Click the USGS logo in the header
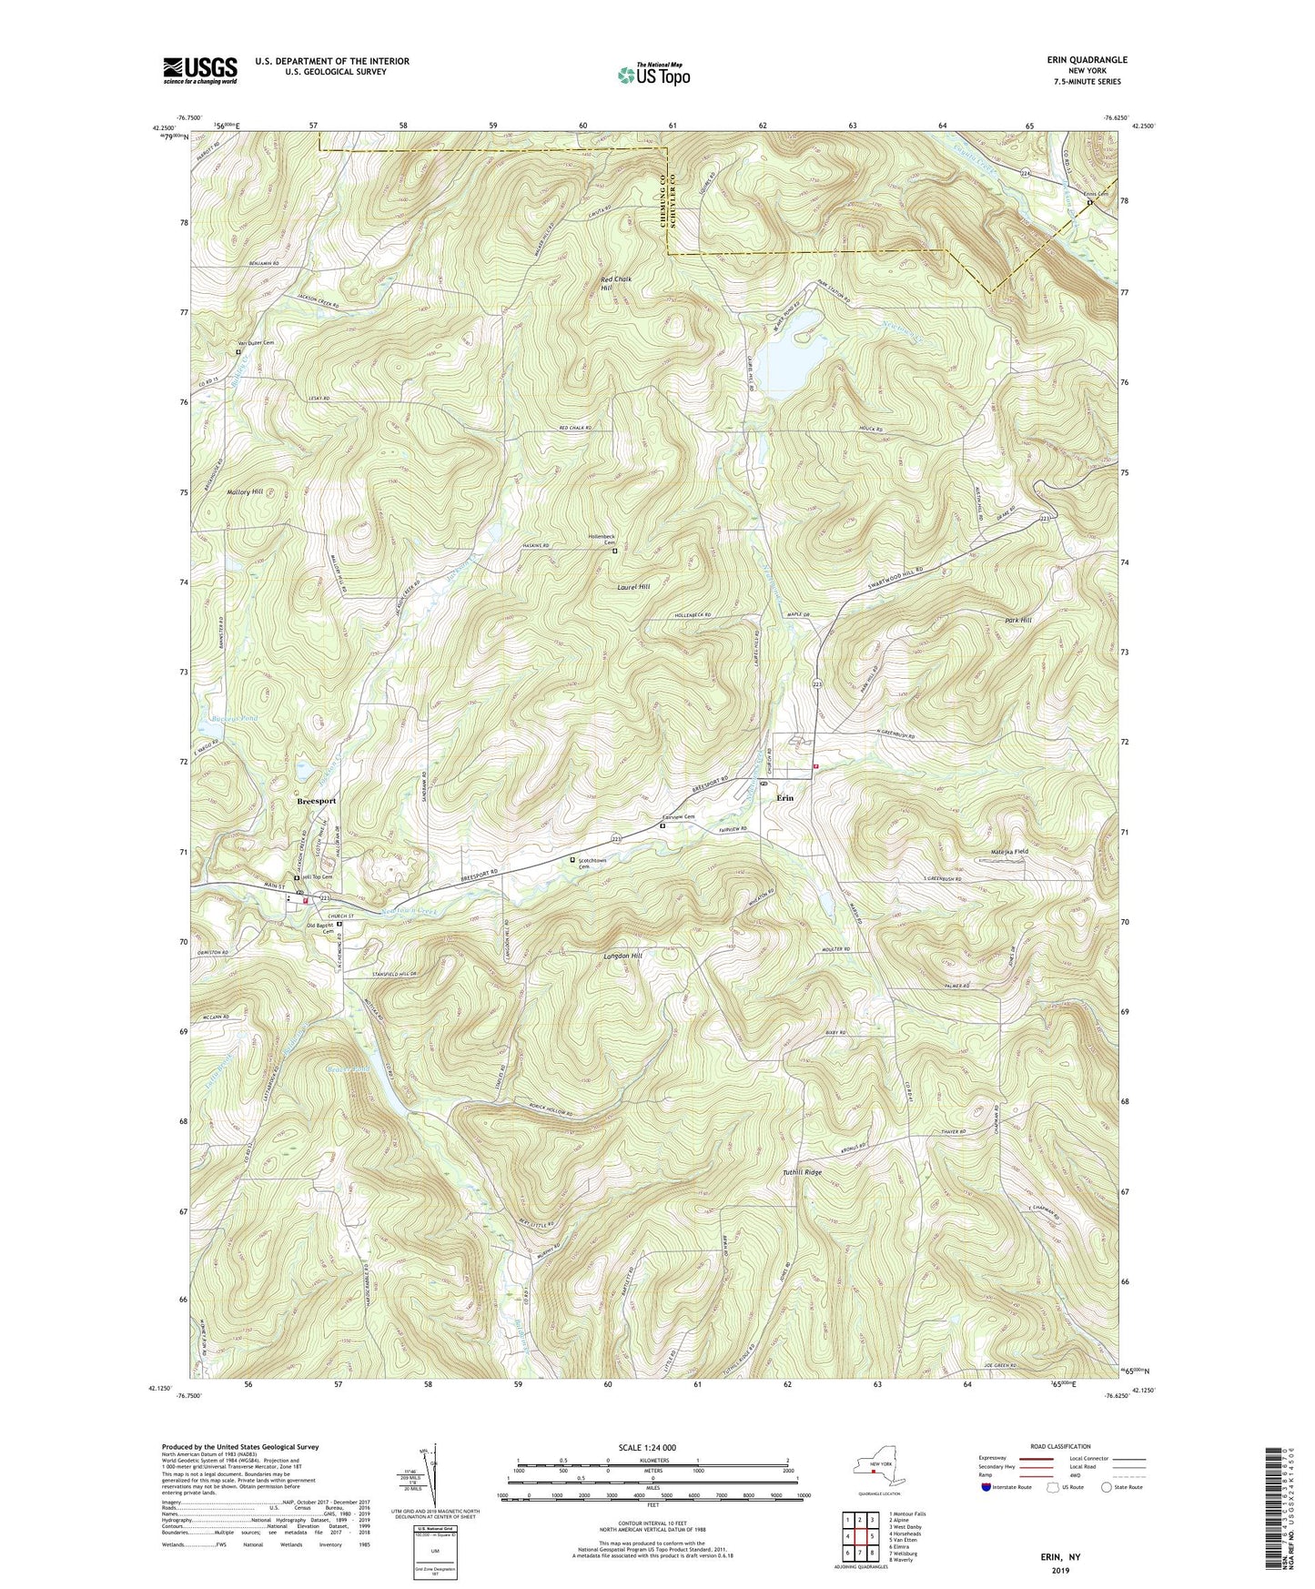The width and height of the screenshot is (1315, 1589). (200, 70)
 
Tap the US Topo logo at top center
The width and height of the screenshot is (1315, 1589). (653, 75)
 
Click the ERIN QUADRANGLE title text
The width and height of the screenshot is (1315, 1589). (1087, 60)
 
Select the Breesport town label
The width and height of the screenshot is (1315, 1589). (316, 801)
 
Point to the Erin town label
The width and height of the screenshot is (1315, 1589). (784, 797)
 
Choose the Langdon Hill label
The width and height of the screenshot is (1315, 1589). (622, 956)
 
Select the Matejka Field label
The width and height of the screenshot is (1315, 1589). (1009, 852)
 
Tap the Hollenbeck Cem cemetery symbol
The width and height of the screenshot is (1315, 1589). (614, 552)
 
